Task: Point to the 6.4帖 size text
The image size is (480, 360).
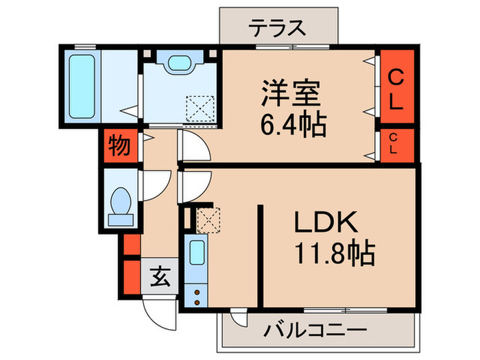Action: click(x=292, y=125)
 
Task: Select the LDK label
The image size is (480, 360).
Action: click(x=326, y=223)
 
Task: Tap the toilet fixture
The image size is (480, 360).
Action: click(x=121, y=202)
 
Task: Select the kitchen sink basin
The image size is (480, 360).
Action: click(x=197, y=254)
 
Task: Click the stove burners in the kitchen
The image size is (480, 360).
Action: click(x=197, y=293)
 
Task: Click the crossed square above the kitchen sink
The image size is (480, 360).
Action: click(x=206, y=220)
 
